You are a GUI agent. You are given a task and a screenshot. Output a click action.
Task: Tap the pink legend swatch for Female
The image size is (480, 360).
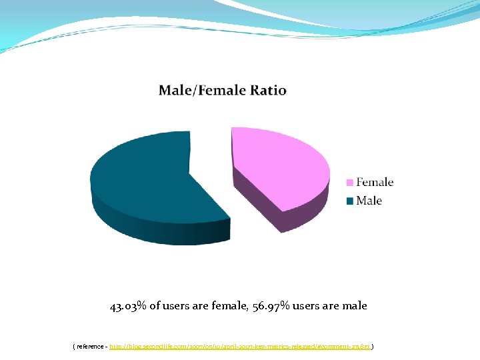point(349,183)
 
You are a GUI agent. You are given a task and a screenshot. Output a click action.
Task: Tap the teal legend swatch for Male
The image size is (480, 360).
point(349,201)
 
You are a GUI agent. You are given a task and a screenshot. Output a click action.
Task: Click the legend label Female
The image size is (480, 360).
point(375,182)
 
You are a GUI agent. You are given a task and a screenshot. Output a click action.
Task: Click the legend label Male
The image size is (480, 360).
point(369,201)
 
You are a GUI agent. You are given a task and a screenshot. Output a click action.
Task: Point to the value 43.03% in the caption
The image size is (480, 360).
point(128,306)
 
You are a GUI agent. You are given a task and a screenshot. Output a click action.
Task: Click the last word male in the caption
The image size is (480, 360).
point(354,306)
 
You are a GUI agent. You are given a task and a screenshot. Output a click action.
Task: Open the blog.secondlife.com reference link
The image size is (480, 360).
point(239,347)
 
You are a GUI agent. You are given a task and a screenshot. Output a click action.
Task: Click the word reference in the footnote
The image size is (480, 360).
point(89,347)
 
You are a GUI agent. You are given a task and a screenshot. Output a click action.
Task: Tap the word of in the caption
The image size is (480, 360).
point(155,306)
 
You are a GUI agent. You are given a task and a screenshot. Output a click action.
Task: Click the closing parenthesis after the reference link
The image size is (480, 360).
point(372,347)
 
